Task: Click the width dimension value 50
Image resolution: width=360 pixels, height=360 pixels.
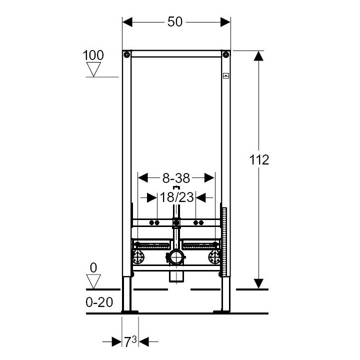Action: [x=175, y=22]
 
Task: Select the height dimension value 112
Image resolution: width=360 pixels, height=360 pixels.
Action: [x=259, y=159]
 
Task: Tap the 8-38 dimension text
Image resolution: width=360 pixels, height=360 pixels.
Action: [x=176, y=177]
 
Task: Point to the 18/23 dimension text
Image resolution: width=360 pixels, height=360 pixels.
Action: [x=176, y=197]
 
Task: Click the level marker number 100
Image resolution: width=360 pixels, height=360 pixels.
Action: [x=93, y=55]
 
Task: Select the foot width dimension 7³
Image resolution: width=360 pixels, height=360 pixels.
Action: [x=130, y=342]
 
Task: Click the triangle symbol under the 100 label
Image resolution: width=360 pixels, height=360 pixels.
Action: [x=93, y=69]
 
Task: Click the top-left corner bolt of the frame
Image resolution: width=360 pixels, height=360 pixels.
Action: [x=127, y=54]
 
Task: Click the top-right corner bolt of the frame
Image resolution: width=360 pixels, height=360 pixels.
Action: [x=226, y=54]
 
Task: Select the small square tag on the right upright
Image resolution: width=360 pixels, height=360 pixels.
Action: [x=226, y=76]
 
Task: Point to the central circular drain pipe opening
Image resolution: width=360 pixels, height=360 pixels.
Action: [x=175, y=258]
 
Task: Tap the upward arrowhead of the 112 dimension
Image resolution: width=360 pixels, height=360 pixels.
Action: [x=258, y=56]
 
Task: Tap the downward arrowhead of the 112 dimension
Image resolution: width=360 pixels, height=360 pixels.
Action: [x=258, y=283]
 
